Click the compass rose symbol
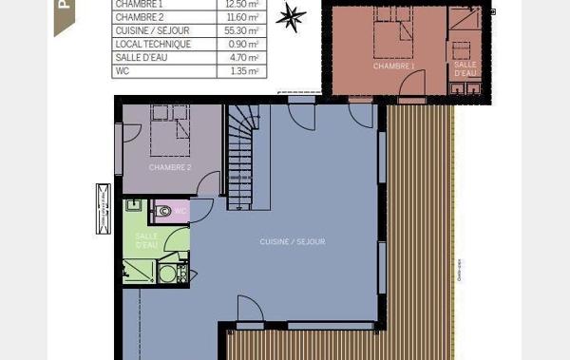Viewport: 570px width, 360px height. (x=292, y=16)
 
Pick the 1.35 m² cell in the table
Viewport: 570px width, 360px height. (x=245, y=70)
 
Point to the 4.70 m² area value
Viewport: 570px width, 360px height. (x=245, y=57)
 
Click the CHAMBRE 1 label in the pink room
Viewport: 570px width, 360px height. (x=392, y=66)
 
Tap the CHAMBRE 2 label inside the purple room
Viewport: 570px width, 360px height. (x=170, y=167)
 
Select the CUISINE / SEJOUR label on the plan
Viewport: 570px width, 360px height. (x=293, y=241)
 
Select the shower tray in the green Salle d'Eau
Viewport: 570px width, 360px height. (x=139, y=271)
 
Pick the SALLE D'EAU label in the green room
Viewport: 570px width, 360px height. (x=146, y=240)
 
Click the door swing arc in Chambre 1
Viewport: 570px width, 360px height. (x=412, y=87)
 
